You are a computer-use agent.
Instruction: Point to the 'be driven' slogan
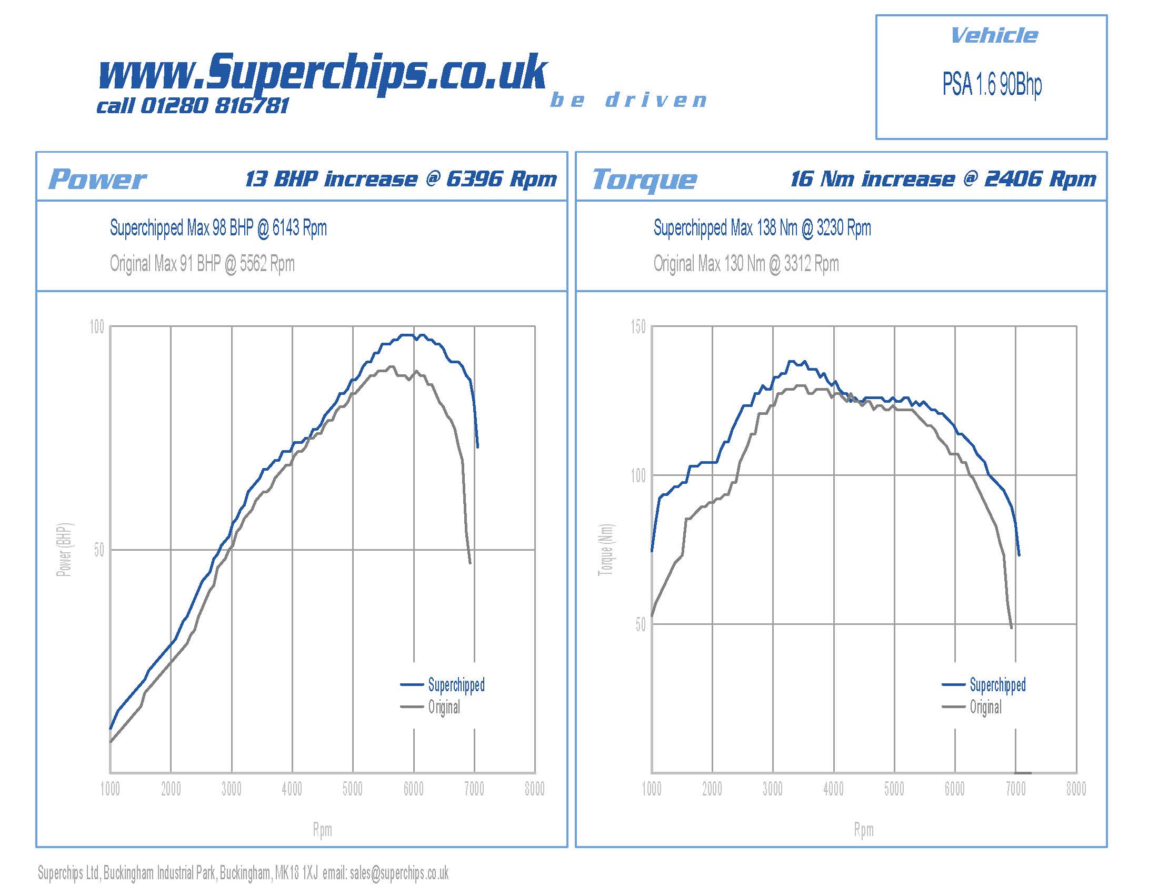(x=628, y=100)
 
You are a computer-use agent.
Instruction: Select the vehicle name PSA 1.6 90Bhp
(x=992, y=85)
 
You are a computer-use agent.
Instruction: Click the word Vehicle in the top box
(x=994, y=36)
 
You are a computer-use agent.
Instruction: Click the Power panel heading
(x=97, y=179)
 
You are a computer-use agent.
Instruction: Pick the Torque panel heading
(x=644, y=179)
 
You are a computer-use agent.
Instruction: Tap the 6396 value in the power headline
(x=474, y=179)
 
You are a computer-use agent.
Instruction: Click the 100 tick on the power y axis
(x=97, y=327)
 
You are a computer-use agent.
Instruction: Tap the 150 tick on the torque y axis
(x=638, y=327)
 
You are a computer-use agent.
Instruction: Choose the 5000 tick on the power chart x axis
(x=353, y=790)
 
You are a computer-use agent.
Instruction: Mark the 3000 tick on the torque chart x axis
(x=773, y=790)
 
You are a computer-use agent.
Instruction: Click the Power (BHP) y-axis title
(x=64, y=550)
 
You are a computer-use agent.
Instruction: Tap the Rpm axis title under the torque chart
(x=863, y=830)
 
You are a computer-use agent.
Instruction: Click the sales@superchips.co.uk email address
(x=399, y=873)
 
